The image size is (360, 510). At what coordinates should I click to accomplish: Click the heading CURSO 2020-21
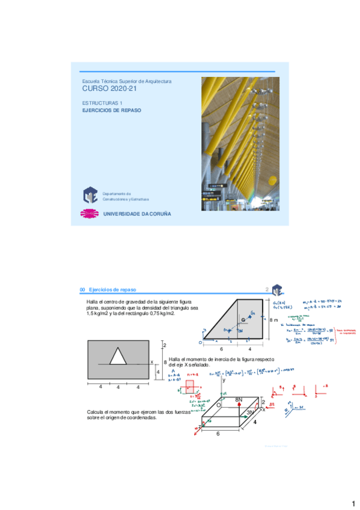click(x=105, y=89)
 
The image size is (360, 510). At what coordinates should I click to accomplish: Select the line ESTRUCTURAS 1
click(x=102, y=103)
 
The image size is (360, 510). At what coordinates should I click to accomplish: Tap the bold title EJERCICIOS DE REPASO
click(x=111, y=111)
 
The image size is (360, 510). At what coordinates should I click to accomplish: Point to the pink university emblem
click(x=90, y=214)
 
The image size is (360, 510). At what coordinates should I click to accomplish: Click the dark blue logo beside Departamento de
click(x=90, y=195)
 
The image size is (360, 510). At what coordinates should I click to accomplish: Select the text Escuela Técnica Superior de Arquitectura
click(x=127, y=81)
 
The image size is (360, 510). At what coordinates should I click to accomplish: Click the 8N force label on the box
click(x=238, y=399)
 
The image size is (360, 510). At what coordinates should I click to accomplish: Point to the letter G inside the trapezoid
click(x=243, y=319)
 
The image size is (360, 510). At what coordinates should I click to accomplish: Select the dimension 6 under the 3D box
click(x=218, y=433)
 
